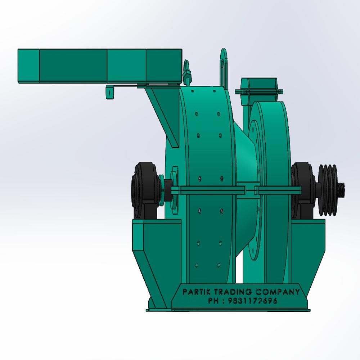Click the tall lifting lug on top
(x=224, y=67)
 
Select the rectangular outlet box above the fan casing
(x=258, y=86)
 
